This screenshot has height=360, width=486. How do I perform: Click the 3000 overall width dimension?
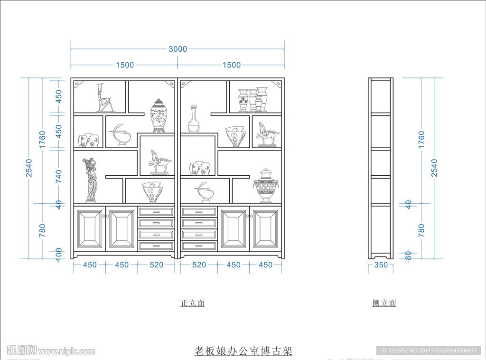[178, 49]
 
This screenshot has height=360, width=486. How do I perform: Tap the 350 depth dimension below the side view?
[381, 265]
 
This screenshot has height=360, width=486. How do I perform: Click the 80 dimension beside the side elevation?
[408, 255]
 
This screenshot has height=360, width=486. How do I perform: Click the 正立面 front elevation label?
[192, 303]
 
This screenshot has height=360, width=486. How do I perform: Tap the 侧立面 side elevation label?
[384, 303]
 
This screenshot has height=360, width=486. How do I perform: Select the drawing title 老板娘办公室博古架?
[243, 351]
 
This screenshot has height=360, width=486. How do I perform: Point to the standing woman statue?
[90, 180]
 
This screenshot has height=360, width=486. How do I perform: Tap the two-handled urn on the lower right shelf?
[266, 185]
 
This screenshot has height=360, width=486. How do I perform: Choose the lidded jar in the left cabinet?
[159, 115]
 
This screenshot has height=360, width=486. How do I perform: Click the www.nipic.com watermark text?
[67, 351]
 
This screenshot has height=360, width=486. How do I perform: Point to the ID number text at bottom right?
[427, 351]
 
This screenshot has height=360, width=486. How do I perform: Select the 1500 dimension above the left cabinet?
[124, 65]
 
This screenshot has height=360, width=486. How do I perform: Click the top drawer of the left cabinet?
[156, 212]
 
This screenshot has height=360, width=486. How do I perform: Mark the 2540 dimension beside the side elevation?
[434, 168]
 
